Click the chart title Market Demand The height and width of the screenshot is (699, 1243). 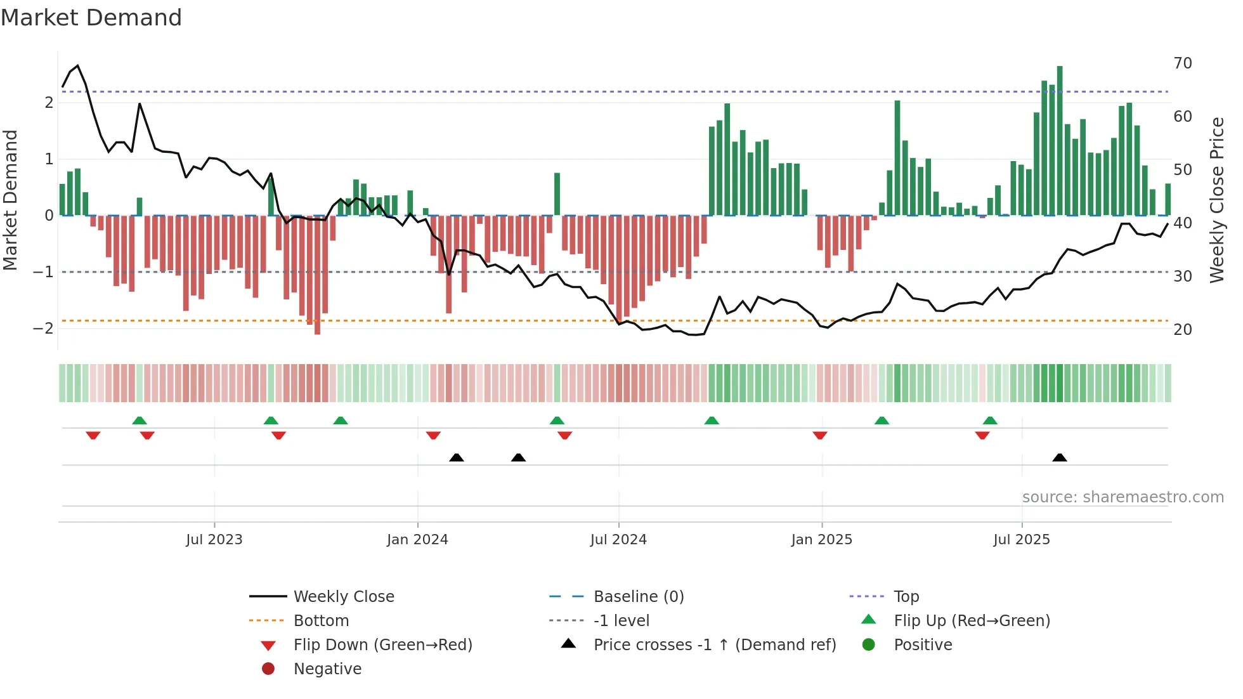click(x=91, y=18)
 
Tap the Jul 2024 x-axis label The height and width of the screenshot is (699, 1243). click(x=618, y=540)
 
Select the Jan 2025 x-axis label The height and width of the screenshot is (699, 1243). click(x=821, y=540)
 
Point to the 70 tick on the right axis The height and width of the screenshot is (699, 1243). click(x=1182, y=63)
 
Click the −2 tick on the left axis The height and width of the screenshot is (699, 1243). click(x=43, y=329)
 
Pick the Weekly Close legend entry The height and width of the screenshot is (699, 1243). click(x=343, y=597)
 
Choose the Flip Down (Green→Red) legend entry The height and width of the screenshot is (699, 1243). click(x=382, y=645)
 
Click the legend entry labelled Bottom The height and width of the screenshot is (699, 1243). click(x=321, y=621)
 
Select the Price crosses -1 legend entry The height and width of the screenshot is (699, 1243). click(x=714, y=645)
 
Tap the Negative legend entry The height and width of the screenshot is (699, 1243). click(x=327, y=669)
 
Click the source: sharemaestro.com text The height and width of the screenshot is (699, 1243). click(x=1123, y=497)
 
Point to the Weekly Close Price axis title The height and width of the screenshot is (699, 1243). click(x=1216, y=200)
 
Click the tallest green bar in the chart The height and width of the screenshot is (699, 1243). click(x=1060, y=140)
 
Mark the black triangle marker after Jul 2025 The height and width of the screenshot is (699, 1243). click(x=1060, y=458)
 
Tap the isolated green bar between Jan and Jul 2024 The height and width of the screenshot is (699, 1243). click(x=557, y=194)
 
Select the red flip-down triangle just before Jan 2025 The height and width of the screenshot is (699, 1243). click(x=819, y=436)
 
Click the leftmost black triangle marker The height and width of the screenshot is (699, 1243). click(x=456, y=458)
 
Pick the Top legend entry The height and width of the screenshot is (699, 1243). click(x=906, y=597)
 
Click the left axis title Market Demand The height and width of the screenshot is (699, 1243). click(x=10, y=200)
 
